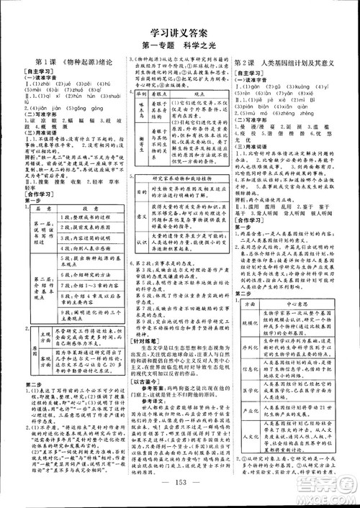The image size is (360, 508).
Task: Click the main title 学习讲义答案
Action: pyautogui.click(x=179, y=32)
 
